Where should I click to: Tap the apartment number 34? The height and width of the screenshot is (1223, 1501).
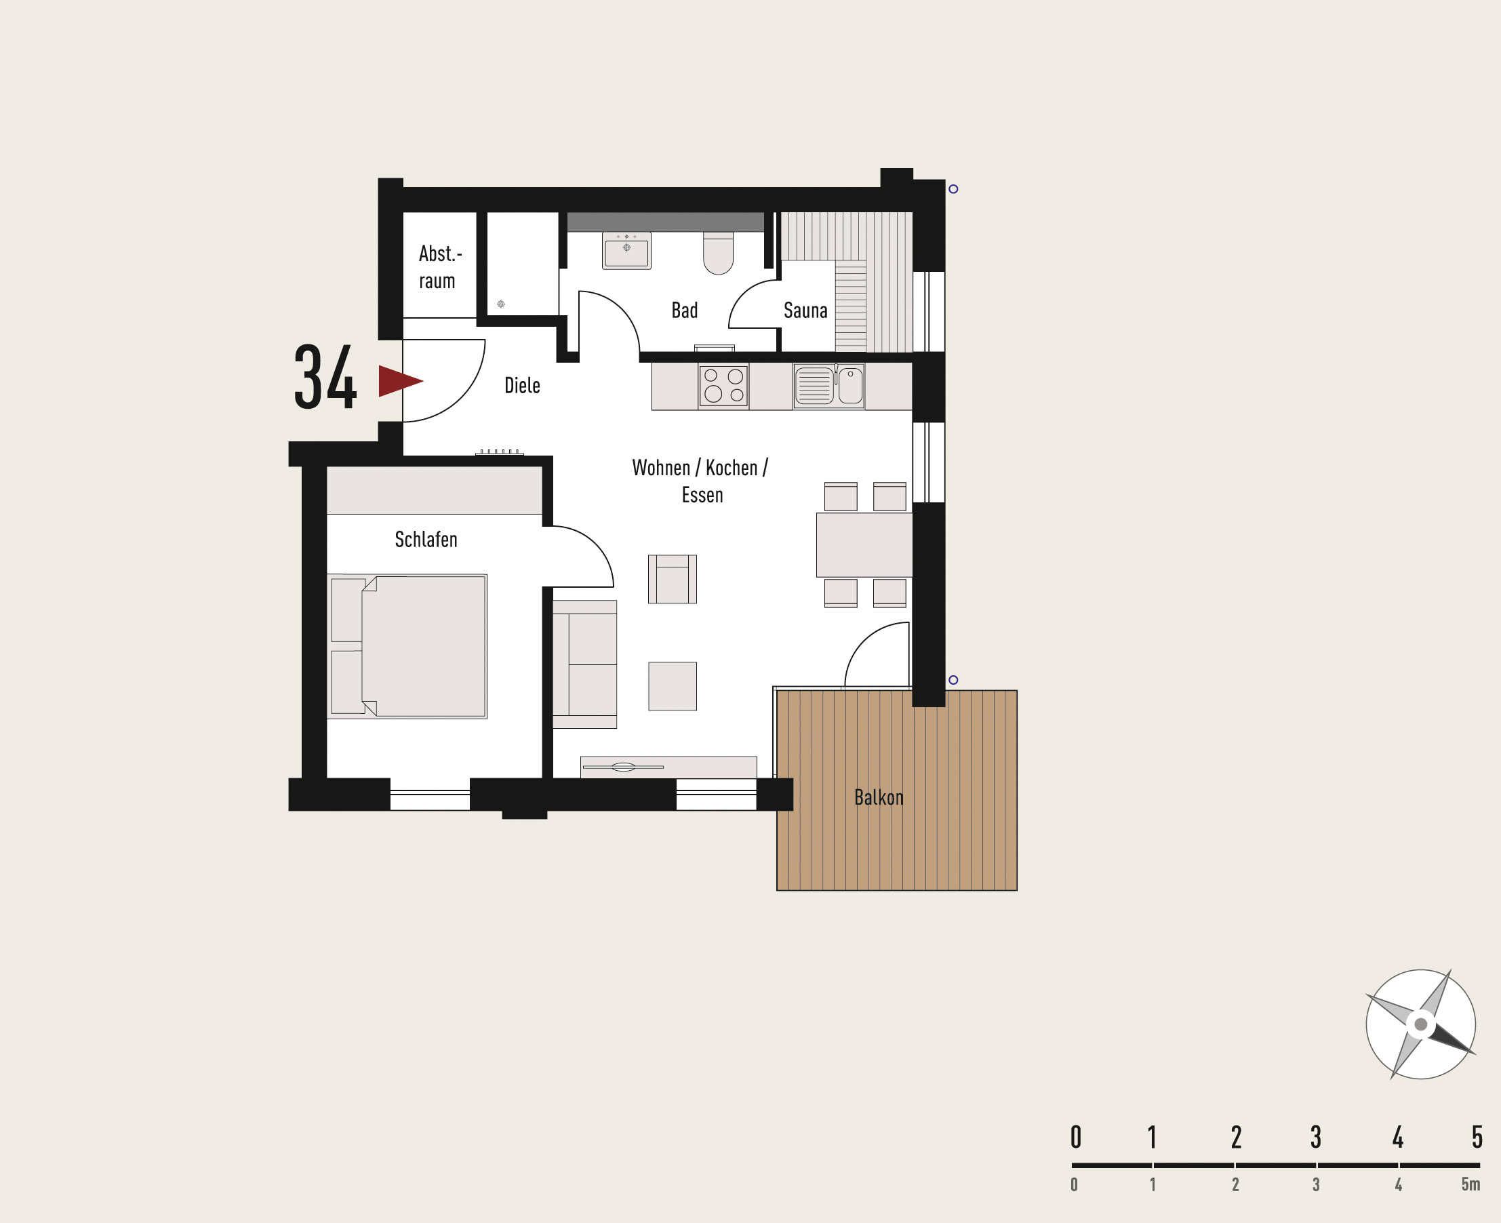tap(325, 378)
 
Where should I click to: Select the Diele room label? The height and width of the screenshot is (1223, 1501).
tap(522, 385)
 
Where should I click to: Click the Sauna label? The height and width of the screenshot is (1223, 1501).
tap(805, 310)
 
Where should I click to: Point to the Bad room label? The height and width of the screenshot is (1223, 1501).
tap(684, 310)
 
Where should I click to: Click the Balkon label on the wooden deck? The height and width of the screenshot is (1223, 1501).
tap(879, 797)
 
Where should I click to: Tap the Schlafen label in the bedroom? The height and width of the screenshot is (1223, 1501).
tap(426, 540)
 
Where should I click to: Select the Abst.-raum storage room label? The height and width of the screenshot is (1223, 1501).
tap(438, 267)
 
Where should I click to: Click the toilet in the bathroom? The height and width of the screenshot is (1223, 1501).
tap(719, 253)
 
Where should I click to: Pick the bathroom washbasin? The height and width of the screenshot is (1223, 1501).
tap(626, 250)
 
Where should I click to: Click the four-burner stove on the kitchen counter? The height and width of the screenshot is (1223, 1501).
tap(723, 386)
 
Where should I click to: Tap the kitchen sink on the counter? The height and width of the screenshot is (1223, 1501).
tap(828, 386)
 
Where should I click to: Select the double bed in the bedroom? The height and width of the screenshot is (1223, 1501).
tap(407, 646)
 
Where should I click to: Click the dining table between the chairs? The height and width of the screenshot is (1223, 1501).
tap(864, 544)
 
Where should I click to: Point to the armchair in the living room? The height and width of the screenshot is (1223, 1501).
tap(672, 579)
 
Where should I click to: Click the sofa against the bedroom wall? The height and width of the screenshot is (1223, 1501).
tap(584, 664)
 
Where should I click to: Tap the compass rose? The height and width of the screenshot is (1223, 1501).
tap(1420, 1024)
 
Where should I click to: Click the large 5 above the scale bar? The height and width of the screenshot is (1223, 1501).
tap(1477, 1137)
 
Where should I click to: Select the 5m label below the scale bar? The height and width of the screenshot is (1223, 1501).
tap(1470, 1184)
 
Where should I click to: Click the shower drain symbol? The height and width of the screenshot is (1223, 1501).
tap(501, 304)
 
